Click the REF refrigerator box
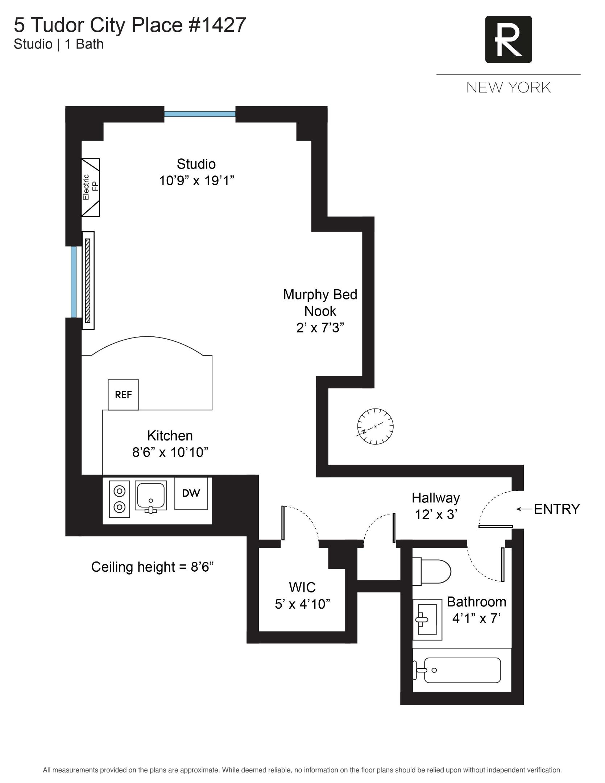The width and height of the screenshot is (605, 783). (123, 395)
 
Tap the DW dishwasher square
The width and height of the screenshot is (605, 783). (191, 493)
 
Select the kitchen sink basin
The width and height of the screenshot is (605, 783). (151, 495)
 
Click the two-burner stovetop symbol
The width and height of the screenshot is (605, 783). (120, 499)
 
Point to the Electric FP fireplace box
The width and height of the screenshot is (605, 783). (90, 187)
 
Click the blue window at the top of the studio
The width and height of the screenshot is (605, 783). (200, 114)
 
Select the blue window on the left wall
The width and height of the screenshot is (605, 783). (74, 282)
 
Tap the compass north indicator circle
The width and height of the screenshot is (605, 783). (375, 426)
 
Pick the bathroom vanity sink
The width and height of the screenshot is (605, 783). (428, 620)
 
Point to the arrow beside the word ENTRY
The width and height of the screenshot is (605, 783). (523, 509)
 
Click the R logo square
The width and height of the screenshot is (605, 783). (508, 40)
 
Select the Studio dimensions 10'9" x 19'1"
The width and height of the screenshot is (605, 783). (196, 181)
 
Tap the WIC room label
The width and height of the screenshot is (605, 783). (302, 587)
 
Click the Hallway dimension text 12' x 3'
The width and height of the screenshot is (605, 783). (436, 514)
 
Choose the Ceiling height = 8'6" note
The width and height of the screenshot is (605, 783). (152, 567)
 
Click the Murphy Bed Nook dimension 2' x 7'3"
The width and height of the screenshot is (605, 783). (320, 328)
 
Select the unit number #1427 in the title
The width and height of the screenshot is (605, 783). (217, 25)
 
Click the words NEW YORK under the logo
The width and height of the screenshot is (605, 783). (508, 88)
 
